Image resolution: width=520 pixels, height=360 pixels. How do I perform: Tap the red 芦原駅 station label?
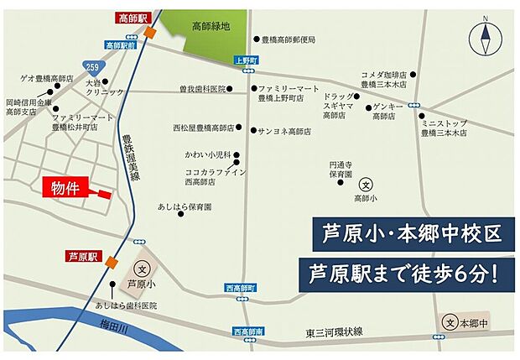pos(83,256)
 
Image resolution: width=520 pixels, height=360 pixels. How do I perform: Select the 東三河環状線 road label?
pos(335,334)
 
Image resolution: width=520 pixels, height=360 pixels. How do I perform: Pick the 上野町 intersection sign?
pos(242,60)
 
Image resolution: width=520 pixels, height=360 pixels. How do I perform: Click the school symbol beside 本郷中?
pos(450,323)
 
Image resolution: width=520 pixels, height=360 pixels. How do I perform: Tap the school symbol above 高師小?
pos(366,184)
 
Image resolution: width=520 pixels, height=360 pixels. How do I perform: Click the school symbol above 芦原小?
pos(143,270)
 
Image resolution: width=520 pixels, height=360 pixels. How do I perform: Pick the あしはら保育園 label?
pos(185,206)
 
